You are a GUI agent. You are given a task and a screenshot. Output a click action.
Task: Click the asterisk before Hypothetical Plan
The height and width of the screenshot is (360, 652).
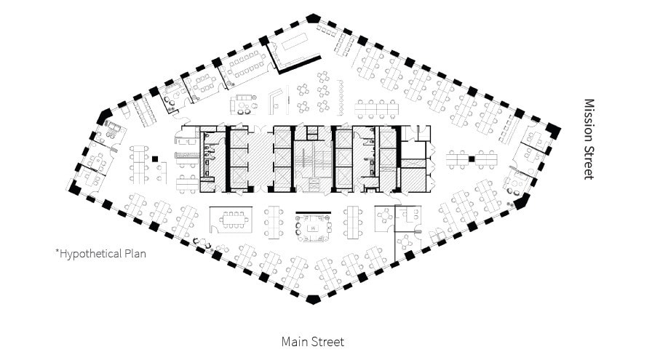(57, 252)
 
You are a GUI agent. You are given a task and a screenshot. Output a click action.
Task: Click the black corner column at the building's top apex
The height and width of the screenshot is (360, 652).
(313, 17)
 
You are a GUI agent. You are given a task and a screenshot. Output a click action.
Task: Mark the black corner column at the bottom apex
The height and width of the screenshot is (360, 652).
(313, 299)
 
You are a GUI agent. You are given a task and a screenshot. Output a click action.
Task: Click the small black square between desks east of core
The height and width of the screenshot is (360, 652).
(472, 159)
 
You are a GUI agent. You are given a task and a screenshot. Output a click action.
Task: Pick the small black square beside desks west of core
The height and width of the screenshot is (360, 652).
(155, 159)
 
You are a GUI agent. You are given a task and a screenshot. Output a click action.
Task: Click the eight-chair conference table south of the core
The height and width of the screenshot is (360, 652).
(233, 219)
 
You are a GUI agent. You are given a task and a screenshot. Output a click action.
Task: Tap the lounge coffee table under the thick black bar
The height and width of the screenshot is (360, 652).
(314, 228)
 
